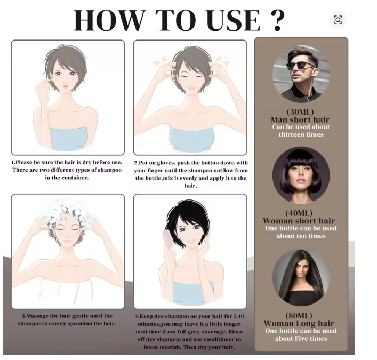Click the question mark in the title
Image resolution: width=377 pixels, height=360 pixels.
click(278, 20)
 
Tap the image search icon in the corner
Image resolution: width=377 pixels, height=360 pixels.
click(338, 20)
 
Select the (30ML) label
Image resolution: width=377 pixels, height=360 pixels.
click(300, 112)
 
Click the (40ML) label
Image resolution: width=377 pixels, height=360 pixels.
click(299, 213)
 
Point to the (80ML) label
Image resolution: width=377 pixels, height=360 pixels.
click(299, 316)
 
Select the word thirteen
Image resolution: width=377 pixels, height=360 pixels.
click(292, 135)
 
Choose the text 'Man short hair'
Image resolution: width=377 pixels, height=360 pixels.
click(300, 120)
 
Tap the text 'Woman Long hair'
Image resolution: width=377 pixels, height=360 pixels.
click(299, 323)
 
